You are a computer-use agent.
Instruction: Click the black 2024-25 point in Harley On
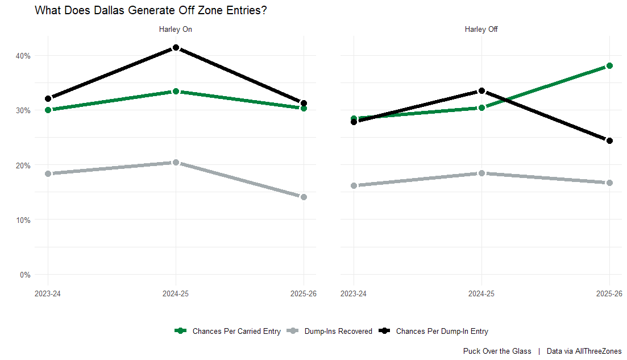(176, 48)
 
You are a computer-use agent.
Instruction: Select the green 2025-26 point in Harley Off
(610, 66)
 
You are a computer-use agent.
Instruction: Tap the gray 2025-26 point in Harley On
(304, 197)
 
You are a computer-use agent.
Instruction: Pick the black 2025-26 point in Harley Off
(610, 140)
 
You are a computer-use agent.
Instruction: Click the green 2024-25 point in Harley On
(176, 92)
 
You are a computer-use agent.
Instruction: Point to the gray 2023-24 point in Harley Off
(354, 185)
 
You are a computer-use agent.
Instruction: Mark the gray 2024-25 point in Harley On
(176, 163)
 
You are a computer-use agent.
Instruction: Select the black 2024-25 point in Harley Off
(482, 91)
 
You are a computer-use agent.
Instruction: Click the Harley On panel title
(175, 30)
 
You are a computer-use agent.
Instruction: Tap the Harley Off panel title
(481, 30)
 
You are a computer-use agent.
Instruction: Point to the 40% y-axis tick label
(23, 56)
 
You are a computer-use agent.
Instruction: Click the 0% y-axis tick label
(26, 275)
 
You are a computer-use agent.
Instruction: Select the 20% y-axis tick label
(23, 165)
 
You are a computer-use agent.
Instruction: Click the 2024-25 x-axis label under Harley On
(176, 294)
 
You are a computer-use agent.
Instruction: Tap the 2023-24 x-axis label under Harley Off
(354, 294)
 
